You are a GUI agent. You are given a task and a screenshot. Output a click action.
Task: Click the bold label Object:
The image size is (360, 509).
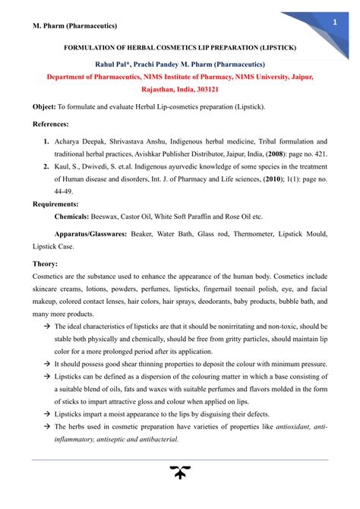[45, 108]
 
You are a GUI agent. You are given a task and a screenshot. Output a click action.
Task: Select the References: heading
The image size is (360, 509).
[51, 124]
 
